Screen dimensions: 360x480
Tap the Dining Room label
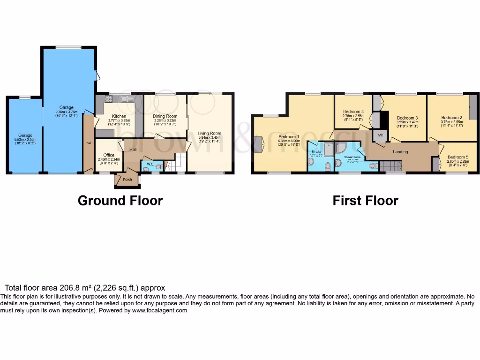165,116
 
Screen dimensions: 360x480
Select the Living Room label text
209,133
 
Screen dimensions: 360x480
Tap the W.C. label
150,164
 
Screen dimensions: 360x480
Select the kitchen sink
125,99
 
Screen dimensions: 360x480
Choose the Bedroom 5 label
457,157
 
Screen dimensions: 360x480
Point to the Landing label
400,152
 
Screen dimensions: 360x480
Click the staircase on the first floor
390,166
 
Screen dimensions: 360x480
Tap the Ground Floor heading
120,201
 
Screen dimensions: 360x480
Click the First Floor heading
365,201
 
